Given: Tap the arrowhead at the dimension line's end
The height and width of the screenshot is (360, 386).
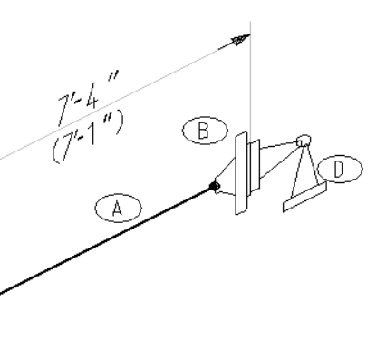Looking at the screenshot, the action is pyautogui.click(x=240, y=40).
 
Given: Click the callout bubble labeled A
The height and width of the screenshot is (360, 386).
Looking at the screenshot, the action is pyautogui.click(x=115, y=209).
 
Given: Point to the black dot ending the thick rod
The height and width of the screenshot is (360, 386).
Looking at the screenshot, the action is pyautogui.click(x=214, y=187).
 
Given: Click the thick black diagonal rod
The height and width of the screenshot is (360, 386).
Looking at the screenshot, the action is pyautogui.click(x=109, y=240).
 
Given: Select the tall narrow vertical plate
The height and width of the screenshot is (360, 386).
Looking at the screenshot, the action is pyautogui.click(x=239, y=173).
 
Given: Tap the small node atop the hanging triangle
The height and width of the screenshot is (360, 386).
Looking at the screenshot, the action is pyautogui.click(x=304, y=140).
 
